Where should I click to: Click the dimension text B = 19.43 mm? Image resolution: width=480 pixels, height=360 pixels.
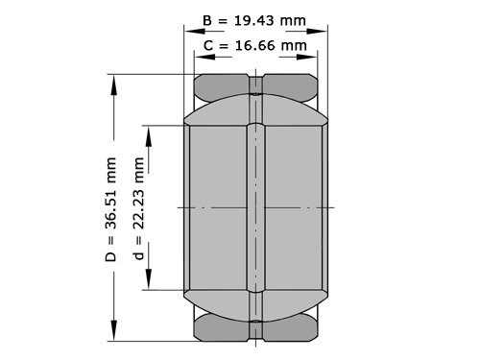(255, 20)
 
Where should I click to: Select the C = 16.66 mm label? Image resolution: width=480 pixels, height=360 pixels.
(255, 45)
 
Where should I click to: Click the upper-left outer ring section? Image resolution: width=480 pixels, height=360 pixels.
(223, 87)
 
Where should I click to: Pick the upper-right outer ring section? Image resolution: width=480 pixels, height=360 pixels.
(293, 87)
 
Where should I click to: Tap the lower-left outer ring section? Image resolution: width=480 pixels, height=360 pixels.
(223, 328)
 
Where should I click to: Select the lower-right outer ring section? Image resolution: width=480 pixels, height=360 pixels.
(293, 328)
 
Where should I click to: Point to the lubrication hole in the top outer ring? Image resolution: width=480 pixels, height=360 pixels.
(256, 85)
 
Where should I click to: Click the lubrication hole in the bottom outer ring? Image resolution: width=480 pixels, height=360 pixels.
(256, 329)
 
